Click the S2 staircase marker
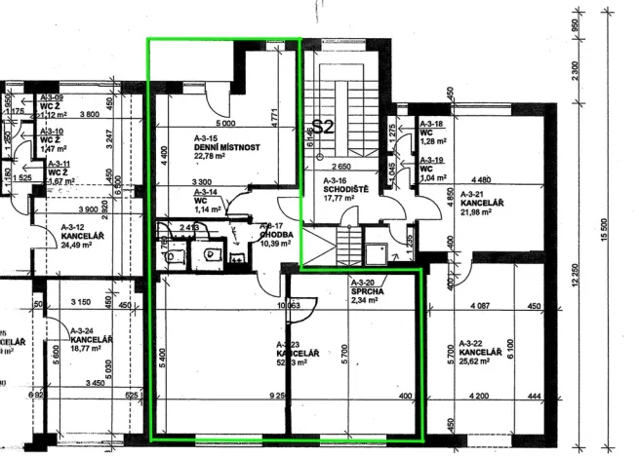[x=322, y=127]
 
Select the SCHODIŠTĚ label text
[x=346, y=190]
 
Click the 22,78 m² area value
[x=210, y=155]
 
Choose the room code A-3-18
[x=432, y=125]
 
